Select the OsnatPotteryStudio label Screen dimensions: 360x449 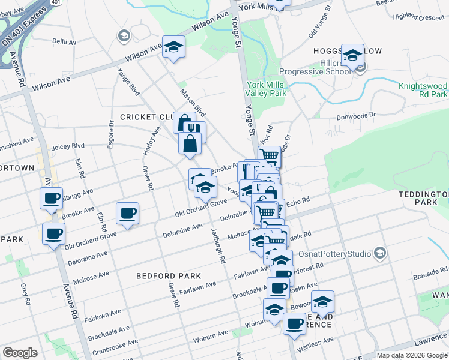tap(336, 254)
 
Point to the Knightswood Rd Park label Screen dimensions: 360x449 tap(424, 90)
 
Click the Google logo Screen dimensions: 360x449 tap(20, 352)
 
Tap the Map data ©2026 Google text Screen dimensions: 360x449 tap(412, 355)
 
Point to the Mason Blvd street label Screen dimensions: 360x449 tap(193, 103)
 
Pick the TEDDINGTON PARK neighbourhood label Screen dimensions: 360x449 tap(424, 199)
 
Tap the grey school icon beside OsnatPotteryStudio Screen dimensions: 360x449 tap(379, 254)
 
